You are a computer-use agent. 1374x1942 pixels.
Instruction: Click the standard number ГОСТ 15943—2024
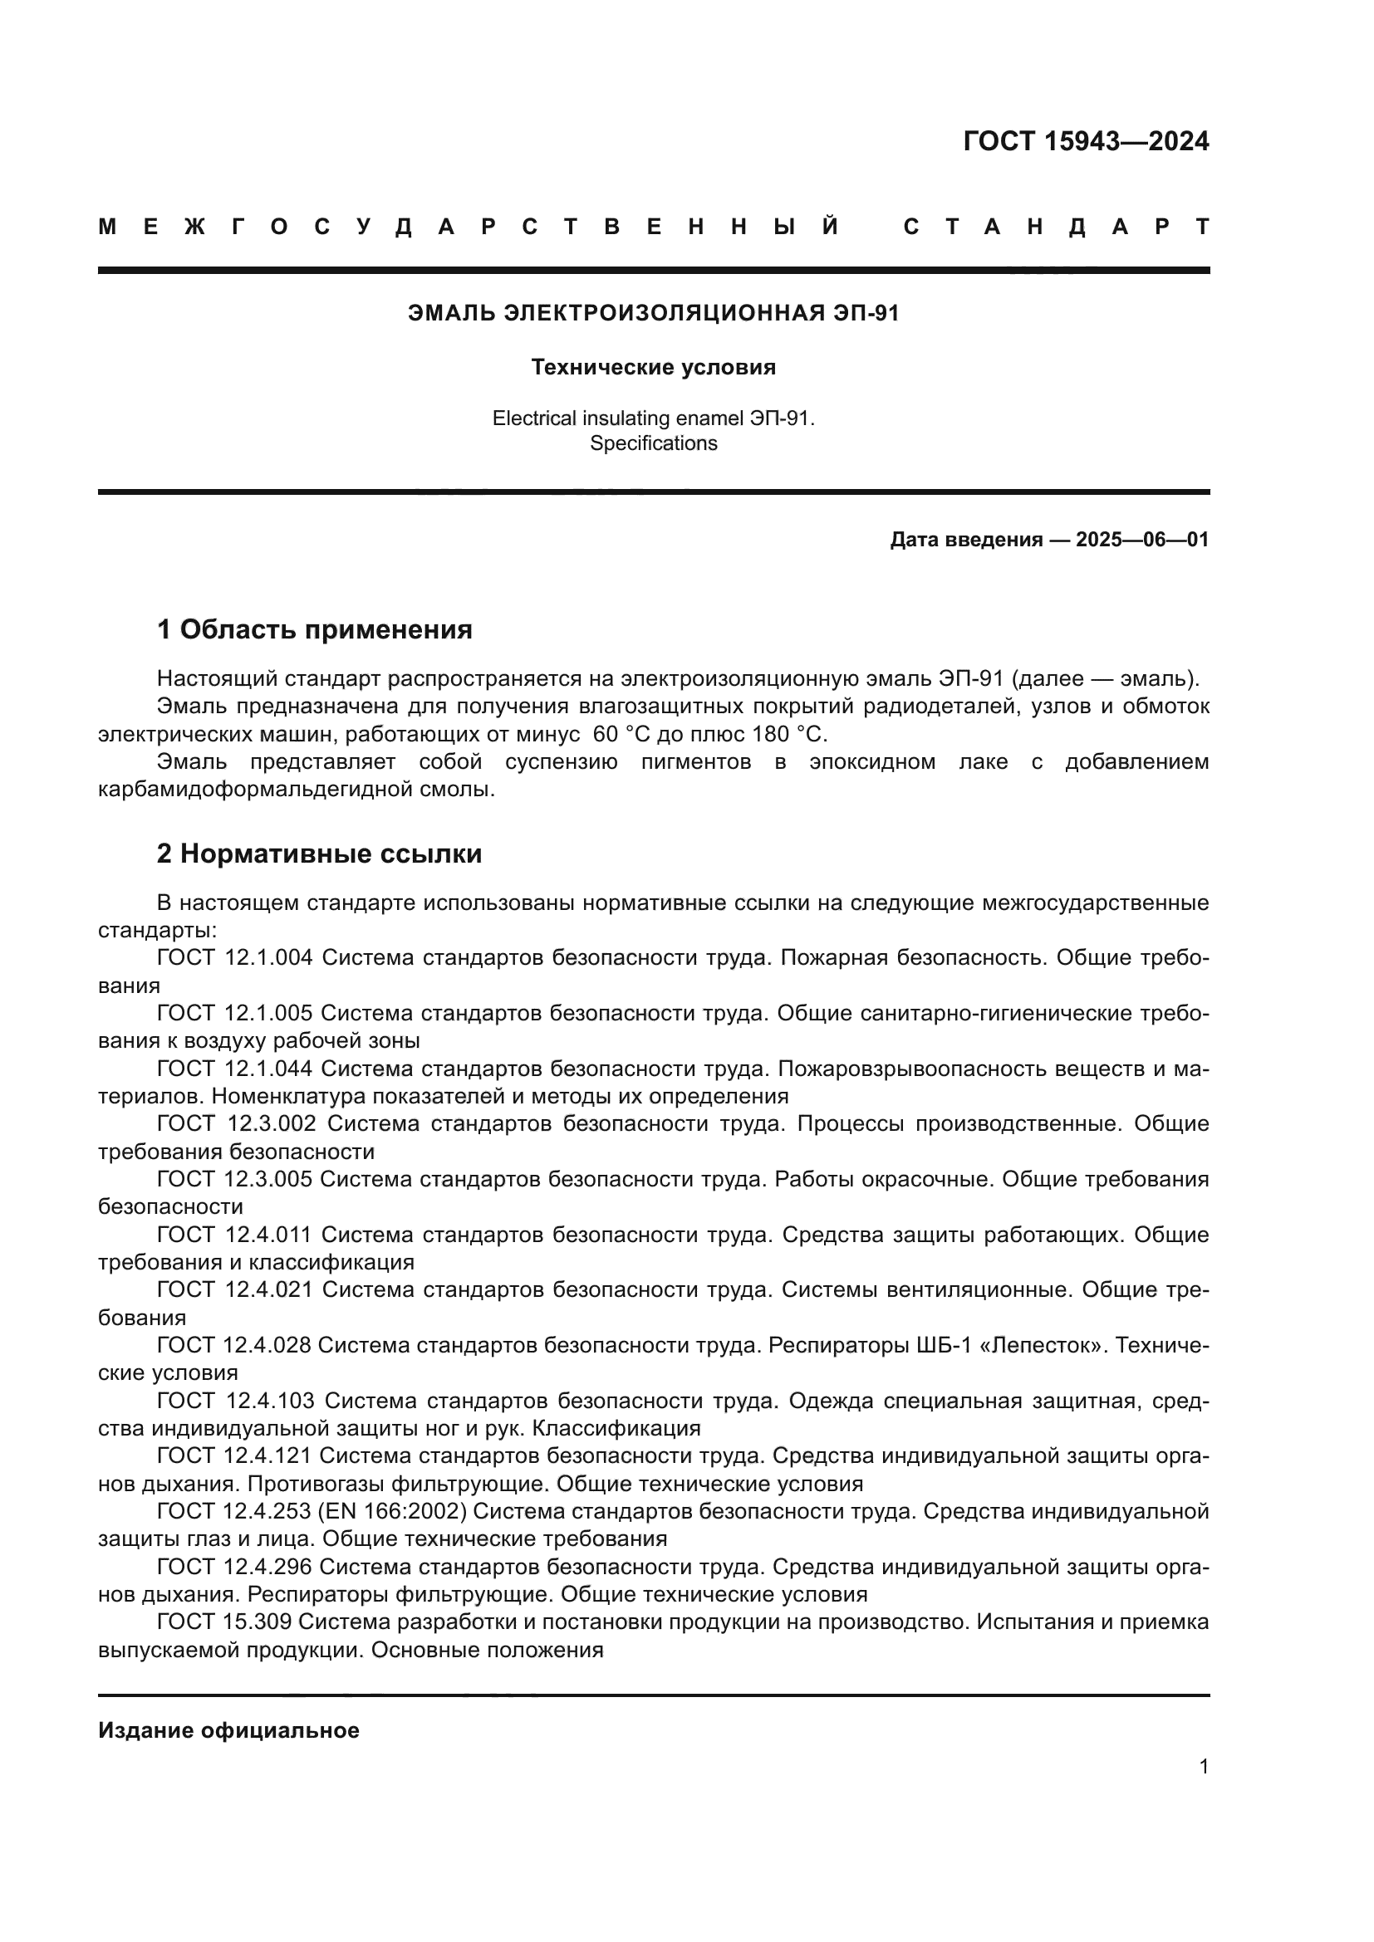[1086, 141]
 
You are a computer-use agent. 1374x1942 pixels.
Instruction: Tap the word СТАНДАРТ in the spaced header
[1057, 227]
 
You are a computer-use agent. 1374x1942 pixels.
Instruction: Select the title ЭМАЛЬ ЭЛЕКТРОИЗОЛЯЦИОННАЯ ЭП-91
[653, 313]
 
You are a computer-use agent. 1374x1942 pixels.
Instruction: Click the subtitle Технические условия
[653, 367]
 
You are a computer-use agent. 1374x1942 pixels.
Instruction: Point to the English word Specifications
[653, 443]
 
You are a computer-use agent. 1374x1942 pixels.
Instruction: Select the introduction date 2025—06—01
[1142, 540]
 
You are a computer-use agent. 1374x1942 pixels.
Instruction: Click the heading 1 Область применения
[314, 629]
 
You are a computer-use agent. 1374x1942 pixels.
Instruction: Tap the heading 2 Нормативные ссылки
[319, 854]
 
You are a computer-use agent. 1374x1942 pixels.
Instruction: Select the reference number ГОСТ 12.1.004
[234, 957]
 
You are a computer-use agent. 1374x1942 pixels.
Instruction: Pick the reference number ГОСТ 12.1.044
[234, 1069]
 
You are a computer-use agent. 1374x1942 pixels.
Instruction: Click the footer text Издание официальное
[228, 1730]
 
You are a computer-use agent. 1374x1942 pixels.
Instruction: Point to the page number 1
[1203, 1766]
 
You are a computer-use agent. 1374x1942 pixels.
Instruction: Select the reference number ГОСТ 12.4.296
[234, 1567]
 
